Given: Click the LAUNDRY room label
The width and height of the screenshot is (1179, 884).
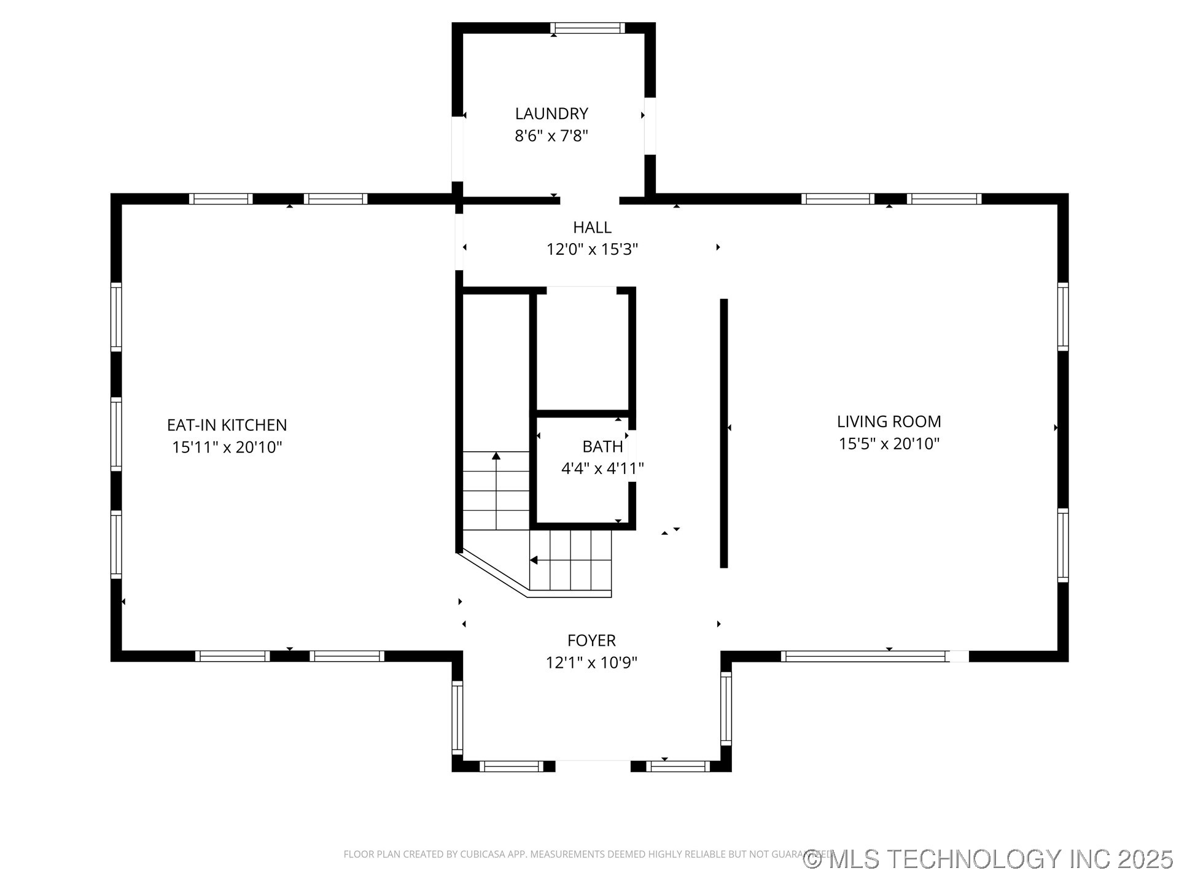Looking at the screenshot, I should point(551,114).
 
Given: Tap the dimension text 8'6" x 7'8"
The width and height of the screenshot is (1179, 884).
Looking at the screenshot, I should point(551,136).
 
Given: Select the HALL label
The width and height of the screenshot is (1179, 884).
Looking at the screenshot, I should point(592,227).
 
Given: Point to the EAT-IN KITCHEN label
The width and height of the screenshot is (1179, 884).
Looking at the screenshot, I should point(227,425).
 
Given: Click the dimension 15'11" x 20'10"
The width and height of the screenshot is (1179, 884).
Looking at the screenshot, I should point(227,447).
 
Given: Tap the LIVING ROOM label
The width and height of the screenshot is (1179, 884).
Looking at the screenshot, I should point(889,421).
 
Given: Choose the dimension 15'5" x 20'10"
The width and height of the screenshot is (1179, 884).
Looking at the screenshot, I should point(889,443).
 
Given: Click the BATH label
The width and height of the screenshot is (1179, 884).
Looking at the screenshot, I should point(602,446).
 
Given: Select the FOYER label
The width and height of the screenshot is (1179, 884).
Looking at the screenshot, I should point(591,640).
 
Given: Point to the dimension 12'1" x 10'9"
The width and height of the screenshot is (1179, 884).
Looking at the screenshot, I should point(591,662).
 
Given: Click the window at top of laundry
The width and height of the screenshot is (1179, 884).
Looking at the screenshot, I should point(587,28).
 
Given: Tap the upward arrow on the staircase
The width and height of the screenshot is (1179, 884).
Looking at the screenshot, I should point(496,456).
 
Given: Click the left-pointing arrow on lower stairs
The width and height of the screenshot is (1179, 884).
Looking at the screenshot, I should point(534,560).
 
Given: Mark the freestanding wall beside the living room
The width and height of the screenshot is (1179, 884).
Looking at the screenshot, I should point(724,433).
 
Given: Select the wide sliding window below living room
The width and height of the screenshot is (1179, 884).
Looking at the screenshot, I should point(865,656).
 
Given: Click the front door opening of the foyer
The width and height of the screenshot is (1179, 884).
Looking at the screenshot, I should point(593,766).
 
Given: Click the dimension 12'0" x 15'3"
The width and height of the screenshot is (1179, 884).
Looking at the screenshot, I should point(592,249).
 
